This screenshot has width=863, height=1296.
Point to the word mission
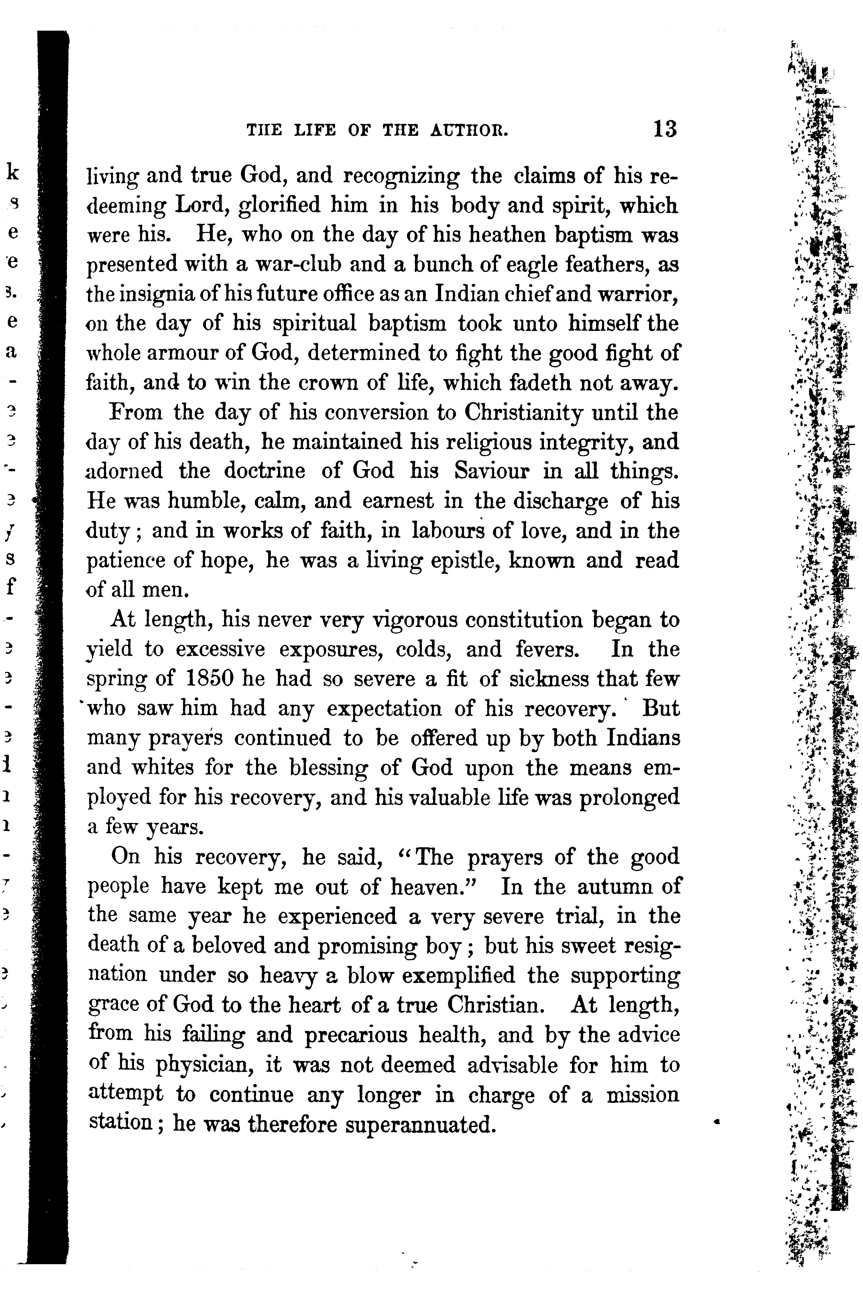642,1094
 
